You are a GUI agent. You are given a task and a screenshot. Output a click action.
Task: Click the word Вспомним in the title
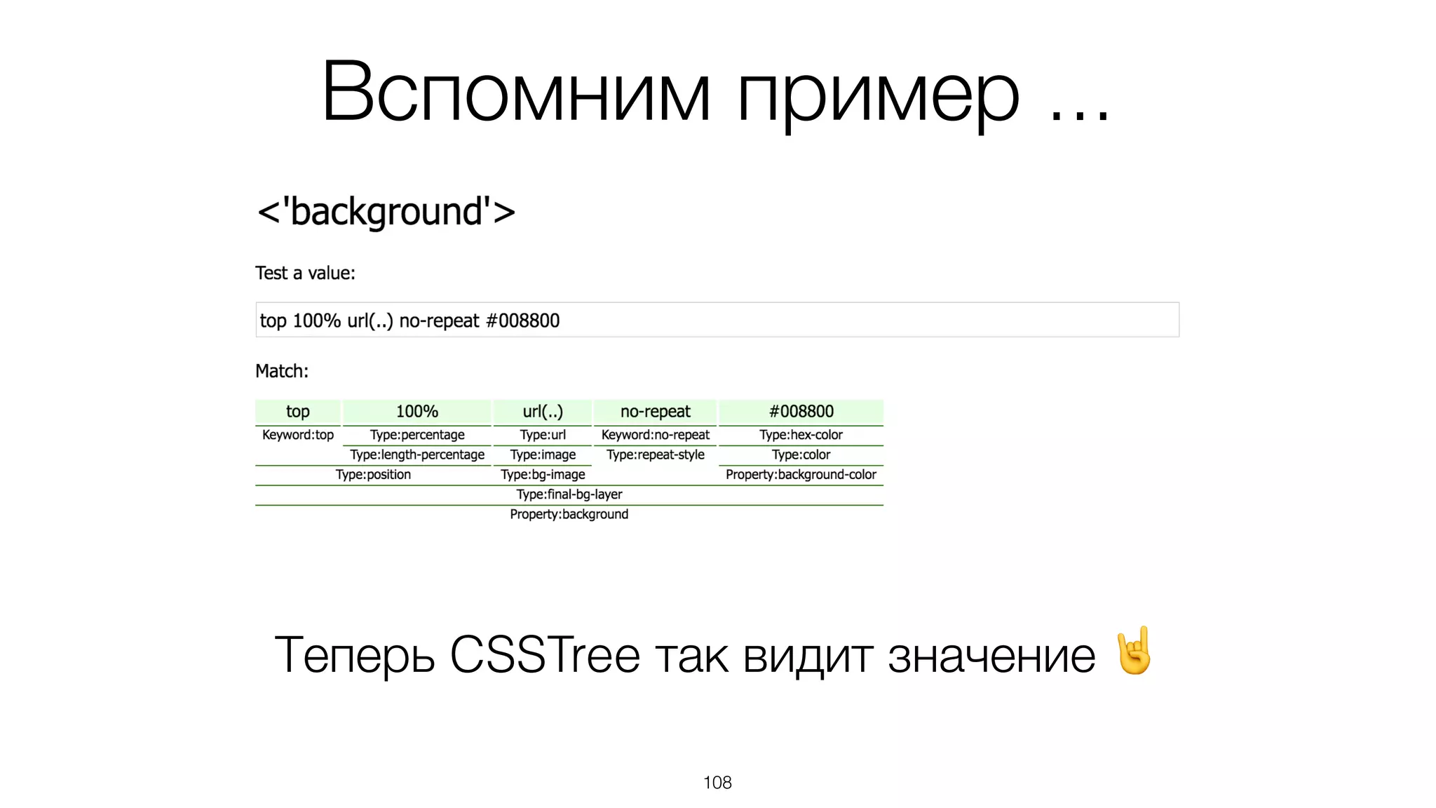click(516, 93)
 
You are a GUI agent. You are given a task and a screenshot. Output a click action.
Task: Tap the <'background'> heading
click(386, 212)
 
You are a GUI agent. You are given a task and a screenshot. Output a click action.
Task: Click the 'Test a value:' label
click(305, 273)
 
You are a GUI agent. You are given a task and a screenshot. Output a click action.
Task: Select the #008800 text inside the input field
click(522, 321)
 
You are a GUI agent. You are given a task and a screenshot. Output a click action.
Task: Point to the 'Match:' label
click(282, 371)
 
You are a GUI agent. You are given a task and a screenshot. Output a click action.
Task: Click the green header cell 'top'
click(298, 412)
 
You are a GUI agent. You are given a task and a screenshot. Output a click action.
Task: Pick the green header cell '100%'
click(417, 412)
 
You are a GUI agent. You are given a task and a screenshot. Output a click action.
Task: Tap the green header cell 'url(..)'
click(543, 412)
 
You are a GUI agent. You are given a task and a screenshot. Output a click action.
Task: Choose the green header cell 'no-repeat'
click(655, 412)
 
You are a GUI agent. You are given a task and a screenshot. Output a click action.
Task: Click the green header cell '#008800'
click(801, 412)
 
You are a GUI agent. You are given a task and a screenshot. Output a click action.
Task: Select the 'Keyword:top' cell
click(298, 435)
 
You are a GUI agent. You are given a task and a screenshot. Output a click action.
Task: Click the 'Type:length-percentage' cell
click(417, 454)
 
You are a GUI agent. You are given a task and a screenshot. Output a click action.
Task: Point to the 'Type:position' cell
click(373, 475)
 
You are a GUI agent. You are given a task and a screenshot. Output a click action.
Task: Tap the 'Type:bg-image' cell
click(543, 475)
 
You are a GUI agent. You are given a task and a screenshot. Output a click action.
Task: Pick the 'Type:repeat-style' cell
click(655, 454)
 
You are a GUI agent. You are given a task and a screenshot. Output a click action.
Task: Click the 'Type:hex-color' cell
click(801, 435)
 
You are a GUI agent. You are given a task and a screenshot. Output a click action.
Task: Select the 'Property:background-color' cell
click(801, 475)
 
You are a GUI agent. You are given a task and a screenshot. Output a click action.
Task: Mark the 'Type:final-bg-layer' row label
click(569, 494)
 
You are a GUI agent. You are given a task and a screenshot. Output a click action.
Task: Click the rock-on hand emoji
click(1134, 651)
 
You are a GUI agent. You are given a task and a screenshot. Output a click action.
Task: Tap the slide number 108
click(717, 783)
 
